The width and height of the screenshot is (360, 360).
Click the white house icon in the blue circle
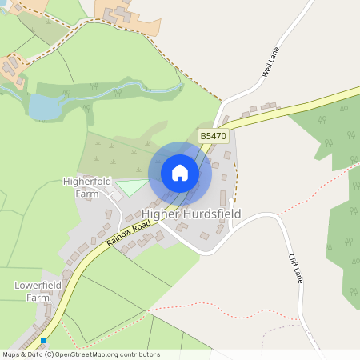click(x=180, y=172)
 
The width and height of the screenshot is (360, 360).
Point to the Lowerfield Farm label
click(x=38, y=290)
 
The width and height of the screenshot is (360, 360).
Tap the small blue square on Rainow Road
click(x=43, y=342)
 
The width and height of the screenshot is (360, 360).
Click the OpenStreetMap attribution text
click(x=82, y=354)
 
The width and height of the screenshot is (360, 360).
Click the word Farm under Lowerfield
click(x=38, y=297)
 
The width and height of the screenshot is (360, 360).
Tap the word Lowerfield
click(x=38, y=285)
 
